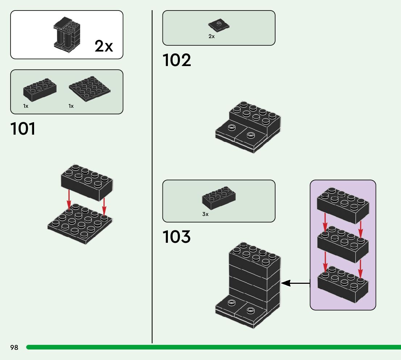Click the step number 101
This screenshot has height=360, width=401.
[23, 129]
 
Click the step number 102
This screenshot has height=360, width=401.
[177, 60]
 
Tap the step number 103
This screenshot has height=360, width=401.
[177, 237]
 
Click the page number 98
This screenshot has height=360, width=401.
[14, 348]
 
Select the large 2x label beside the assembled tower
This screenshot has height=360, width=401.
[104, 46]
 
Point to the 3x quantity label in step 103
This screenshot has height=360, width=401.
[205, 214]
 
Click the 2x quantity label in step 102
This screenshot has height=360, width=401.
[211, 37]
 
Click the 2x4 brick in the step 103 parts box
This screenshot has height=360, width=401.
[219, 199]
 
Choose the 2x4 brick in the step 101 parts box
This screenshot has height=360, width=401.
[40, 89]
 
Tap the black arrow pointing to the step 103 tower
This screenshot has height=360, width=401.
[295, 283]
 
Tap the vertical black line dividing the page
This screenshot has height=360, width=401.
[152, 181]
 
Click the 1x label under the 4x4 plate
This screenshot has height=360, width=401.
[71, 106]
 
